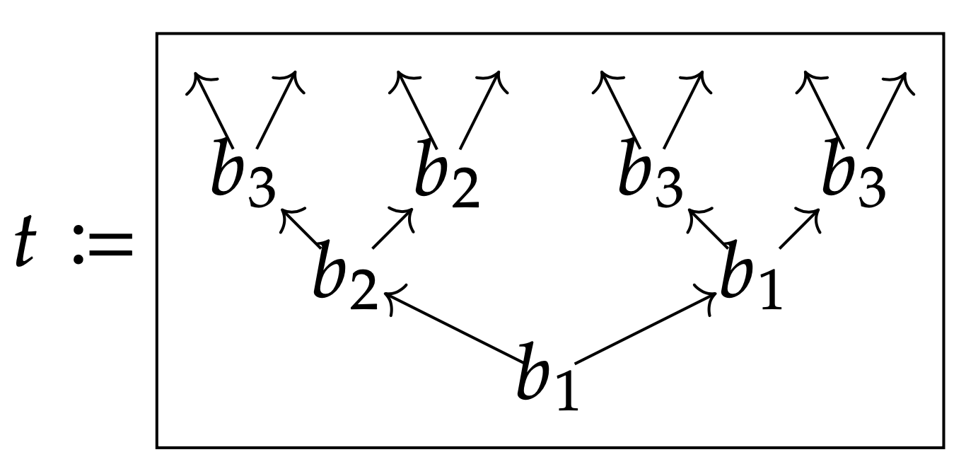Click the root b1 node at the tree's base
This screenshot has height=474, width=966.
click(547, 376)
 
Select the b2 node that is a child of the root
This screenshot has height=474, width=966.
click(345, 274)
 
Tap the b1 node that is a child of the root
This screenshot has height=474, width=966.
click(751, 274)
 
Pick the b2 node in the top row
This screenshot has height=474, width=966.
click(447, 173)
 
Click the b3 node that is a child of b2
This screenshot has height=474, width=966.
click(243, 173)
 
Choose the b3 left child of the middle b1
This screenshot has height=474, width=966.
click(651, 173)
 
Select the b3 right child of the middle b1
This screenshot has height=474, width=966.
click(854, 173)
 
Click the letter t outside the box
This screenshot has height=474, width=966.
click(25, 241)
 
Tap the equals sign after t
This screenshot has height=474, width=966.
click(110, 245)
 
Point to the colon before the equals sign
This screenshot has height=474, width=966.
click(78, 245)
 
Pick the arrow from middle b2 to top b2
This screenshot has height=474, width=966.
click(393, 229)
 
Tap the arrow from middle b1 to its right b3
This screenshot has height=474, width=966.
click(800, 229)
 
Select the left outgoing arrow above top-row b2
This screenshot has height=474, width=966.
click(413, 110)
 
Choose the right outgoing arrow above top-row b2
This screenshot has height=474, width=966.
click(484, 110)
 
